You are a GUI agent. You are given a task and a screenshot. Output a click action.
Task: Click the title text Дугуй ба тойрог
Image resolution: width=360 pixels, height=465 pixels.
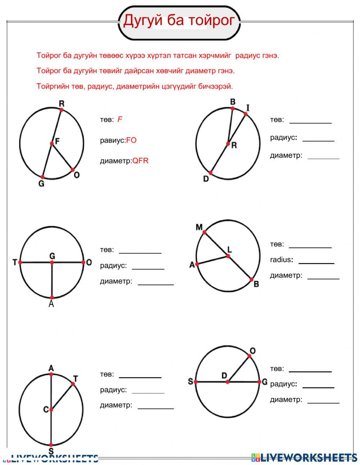coord(179,21)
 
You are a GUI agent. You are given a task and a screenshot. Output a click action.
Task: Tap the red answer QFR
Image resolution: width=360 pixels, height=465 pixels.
coord(140,161)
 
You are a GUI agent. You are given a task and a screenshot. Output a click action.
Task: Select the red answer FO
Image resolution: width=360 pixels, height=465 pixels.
coord(131,140)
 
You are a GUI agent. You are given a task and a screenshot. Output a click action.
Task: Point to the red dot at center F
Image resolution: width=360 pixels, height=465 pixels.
coord(52,143)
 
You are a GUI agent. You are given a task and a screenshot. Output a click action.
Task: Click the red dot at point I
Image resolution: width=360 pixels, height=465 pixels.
coord(246,114)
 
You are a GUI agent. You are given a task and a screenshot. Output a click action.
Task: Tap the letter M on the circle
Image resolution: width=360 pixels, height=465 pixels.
coord(199,227)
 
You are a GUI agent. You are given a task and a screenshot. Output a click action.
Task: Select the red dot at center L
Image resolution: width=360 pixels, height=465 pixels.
coord(228,256)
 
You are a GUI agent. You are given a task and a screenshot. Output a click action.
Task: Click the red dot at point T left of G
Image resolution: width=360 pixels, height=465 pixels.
coord(20,263)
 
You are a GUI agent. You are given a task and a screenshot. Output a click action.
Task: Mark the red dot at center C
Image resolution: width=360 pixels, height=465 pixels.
coord(51,410)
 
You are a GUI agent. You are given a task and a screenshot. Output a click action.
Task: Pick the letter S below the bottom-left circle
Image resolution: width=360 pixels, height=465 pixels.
coord(51,451)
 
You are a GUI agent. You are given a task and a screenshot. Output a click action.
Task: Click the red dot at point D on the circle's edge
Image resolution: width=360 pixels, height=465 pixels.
coord(211,173)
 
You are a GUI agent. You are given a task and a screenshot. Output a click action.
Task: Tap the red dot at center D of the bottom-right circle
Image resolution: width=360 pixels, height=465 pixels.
coord(227,382)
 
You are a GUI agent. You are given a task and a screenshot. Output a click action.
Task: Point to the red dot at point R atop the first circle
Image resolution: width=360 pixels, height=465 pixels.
coord(62,109)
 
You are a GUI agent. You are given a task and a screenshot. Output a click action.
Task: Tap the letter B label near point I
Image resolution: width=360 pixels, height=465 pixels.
coord(233,102)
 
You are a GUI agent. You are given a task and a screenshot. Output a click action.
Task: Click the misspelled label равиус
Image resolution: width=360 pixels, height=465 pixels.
coord(112,140)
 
